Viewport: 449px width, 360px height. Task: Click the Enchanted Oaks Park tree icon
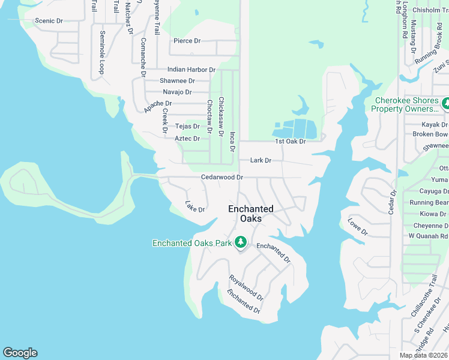pyautogui.click(x=241, y=242)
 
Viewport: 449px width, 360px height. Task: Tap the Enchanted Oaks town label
pyautogui.click(x=250, y=214)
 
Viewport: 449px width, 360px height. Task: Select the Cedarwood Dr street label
pyautogui.click(x=221, y=178)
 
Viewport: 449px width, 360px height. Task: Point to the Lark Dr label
pyautogui.click(x=261, y=161)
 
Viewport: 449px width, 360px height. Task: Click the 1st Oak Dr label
pyautogui.click(x=291, y=142)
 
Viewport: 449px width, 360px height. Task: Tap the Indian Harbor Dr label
pyautogui.click(x=191, y=70)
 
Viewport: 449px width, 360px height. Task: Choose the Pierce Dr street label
pyautogui.click(x=187, y=41)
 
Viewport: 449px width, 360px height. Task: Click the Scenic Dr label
pyautogui.click(x=49, y=21)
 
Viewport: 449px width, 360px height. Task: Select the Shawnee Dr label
pyautogui.click(x=177, y=81)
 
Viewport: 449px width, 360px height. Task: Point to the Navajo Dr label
pyautogui.click(x=177, y=92)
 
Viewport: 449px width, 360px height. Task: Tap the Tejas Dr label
pyautogui.click(x=187, y=127)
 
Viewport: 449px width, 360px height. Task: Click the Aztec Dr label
pyautogui.click(x=187, y=139)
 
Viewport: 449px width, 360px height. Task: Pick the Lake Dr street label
pyautogui.click(x=195, y=206)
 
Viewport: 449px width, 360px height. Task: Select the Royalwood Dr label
pyautogui.click(x=246, y=287)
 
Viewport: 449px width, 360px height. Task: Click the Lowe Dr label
pyautogui.click(x=357, y=227)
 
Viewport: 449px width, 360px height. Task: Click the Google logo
pyautogui.click(x=20, y=353)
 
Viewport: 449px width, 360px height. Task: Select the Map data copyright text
pyautogui.click(x=424, y=355)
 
